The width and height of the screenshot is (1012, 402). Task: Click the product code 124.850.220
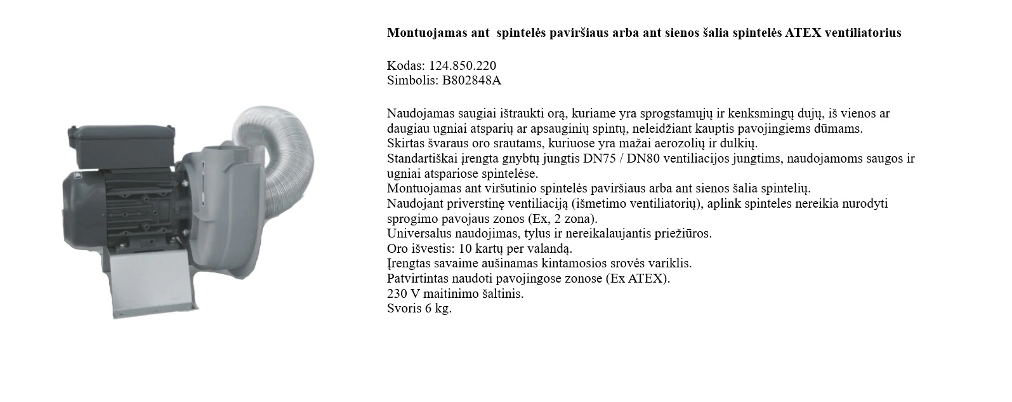click(463, 65)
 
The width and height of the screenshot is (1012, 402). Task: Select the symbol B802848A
click(471, 80)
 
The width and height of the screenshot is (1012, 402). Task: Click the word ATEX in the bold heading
click(803, 33)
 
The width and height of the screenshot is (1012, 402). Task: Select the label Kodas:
click(406, 65)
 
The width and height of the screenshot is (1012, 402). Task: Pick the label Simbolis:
click(412, 80)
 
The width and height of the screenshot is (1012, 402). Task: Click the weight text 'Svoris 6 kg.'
click(419, 309)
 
